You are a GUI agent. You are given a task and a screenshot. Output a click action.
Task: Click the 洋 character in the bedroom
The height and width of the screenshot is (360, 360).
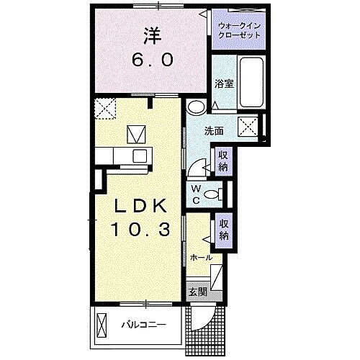[150, 35]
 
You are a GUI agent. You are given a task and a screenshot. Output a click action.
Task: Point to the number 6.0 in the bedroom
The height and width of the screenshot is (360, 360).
[150, 60]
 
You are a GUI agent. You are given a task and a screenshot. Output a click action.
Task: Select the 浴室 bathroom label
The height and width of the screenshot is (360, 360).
[223, 84]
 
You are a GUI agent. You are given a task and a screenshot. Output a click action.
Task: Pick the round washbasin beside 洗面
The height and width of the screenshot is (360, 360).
[195, 108]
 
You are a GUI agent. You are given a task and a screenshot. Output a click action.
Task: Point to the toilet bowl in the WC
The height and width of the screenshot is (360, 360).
[211, 193]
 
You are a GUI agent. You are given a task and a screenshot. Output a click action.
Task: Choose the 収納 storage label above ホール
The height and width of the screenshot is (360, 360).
[224, 230]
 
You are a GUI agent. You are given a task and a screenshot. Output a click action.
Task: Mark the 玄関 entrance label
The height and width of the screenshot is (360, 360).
[198, 292]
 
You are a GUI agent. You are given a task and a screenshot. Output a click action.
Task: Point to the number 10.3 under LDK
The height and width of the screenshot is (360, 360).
[141, 230]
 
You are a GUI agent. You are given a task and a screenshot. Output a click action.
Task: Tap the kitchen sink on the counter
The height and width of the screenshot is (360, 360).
[139, 156]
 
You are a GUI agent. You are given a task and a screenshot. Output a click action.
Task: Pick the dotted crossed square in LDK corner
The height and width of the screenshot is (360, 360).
[106, 109]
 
